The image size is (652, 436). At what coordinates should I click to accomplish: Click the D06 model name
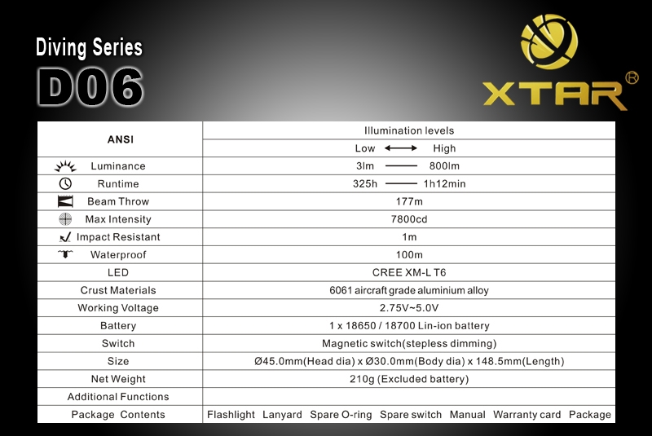coord(90,87)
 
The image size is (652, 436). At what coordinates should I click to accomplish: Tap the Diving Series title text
coord(89,47)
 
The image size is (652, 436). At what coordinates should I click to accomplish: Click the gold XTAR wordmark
coord(555,95)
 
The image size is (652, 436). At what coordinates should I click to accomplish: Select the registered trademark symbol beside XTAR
coord(632,77)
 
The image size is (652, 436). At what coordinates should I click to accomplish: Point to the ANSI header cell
coord(121,139)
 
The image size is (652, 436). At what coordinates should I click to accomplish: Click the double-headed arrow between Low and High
coord(400,148)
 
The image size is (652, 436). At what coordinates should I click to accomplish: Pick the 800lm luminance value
coord(444,165)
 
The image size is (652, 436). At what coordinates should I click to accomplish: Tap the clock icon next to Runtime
coord(65,183)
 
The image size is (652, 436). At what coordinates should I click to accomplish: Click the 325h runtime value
coord(365,183)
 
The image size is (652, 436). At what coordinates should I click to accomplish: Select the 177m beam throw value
coord(409,201)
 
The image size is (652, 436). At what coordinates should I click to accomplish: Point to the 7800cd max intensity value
coord(409,219)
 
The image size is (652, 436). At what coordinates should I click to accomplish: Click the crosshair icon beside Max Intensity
coord(65,219)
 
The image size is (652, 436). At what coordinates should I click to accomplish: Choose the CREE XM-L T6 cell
coord(409,272)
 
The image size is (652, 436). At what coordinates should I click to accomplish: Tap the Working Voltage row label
coord(118,308)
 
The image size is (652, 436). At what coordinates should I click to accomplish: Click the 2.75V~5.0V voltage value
coord(409,308)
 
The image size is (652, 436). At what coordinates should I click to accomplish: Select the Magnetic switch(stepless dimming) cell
coord(409,343)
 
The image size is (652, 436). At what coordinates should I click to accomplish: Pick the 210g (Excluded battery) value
coord(409,379)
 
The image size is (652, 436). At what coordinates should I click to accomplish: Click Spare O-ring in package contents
coord(341,414)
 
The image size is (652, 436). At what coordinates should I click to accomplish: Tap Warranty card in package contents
coord(526,414)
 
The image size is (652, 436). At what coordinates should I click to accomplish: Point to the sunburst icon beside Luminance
coord(65,166)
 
